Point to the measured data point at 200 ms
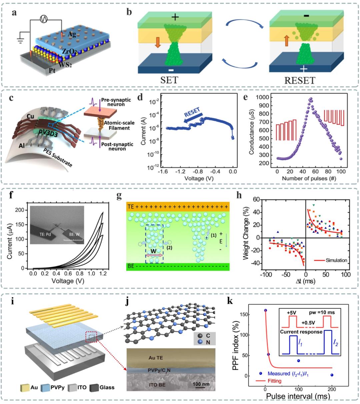332,375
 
